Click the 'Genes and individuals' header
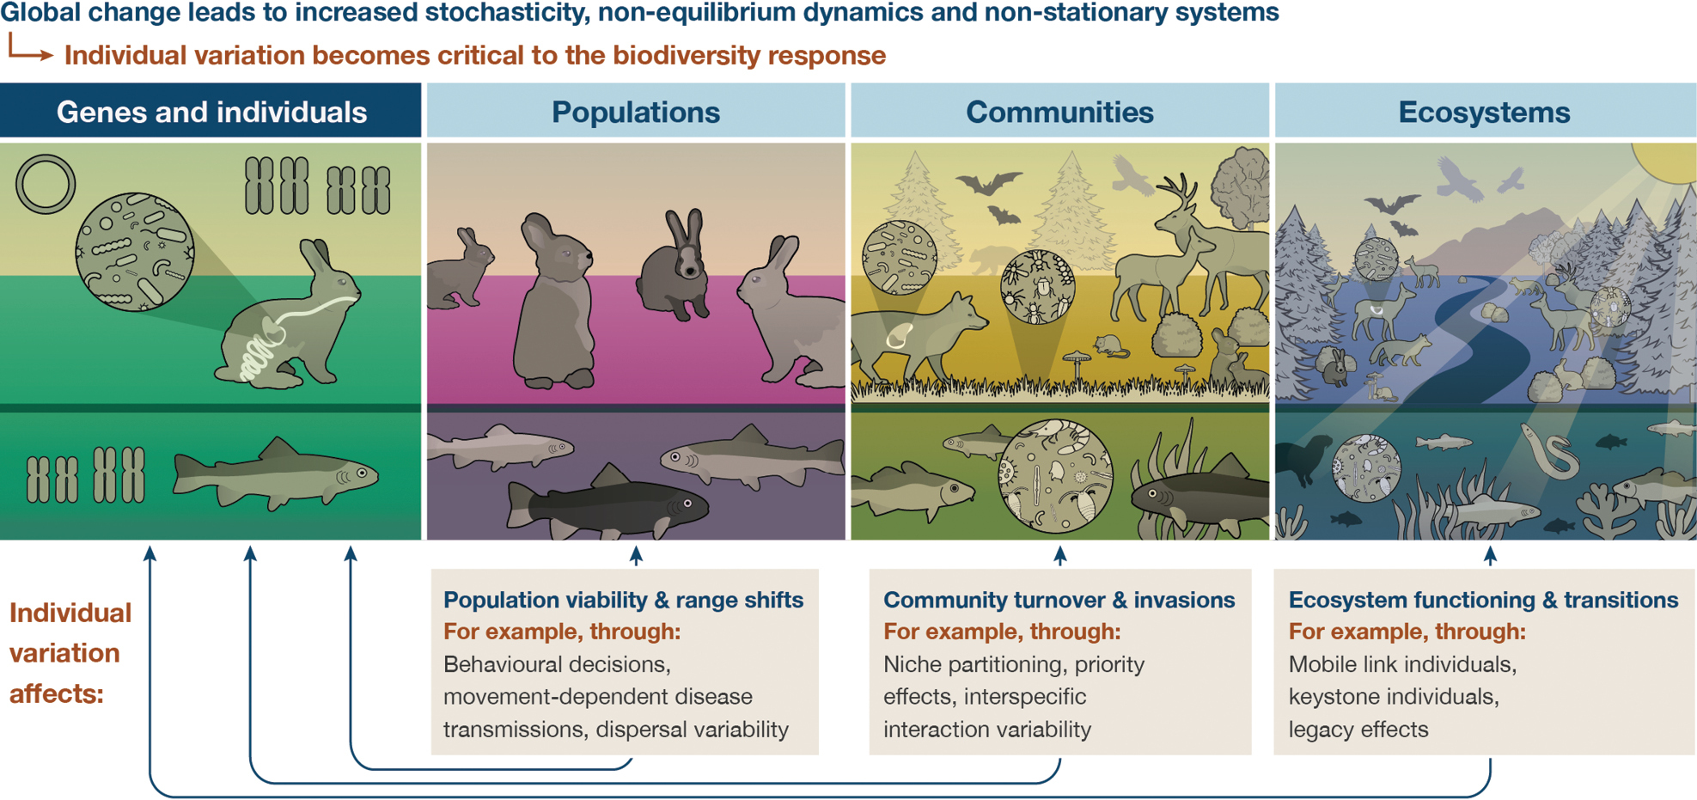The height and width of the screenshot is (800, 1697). (x=211, y=112)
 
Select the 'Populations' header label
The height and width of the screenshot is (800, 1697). (x=636, y=112)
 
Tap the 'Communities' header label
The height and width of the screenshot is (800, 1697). (x=1059, y=112)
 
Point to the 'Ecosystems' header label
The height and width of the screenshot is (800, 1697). (x=1484, y=112)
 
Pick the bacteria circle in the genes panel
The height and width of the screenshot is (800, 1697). (x=135, y=251)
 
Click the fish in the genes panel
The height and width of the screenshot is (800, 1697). (x=275, y=474)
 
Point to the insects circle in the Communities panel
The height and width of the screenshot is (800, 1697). (x=1037, y=287)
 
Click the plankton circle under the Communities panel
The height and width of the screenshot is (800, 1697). (x=1055, y=475)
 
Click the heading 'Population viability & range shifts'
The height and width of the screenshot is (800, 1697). (x=623, y=600)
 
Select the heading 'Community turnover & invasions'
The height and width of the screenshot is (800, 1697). (x=1059, y=600)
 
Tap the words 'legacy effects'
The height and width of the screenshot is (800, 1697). (x=1358, y=730)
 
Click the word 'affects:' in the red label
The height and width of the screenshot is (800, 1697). (x=56, y=693)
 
